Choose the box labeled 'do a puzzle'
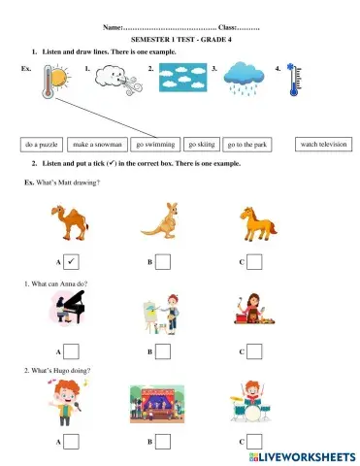(43, 145)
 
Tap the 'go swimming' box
(155, 144)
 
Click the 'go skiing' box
(202, 144)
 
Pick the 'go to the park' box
(246, 145)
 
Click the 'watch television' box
(322, 144)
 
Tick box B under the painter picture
(163, 350)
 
